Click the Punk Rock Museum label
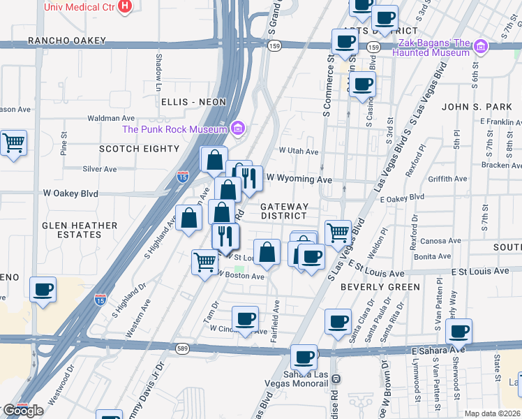(175, 128)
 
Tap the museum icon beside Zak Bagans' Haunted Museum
(480, 47)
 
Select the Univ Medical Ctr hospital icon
(125, 6)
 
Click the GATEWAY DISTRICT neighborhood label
(284, 211)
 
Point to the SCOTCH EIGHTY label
(140, 149)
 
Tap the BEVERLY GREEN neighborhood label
(380, 287)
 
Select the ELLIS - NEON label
(193, 102)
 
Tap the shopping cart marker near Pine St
(14, 143)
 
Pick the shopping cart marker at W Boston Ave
(204, 263)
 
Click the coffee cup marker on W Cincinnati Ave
(245, 319)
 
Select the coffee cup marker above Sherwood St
(458, 331)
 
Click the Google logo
(24, 411)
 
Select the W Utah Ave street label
(299, 151)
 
